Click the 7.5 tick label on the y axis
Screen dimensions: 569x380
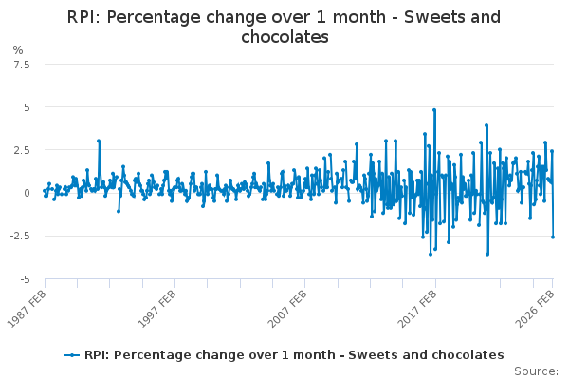pos(22,66)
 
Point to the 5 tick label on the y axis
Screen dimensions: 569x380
pos(27,107)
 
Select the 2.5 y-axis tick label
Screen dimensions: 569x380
pos(22,150)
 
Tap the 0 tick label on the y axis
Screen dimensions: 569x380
pos(27,193)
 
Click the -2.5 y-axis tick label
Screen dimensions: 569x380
pos(20,236)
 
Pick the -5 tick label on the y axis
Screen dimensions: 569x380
pos(25,279)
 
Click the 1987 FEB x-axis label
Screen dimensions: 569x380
pos(27,309)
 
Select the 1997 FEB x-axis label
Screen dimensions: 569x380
pos(157,309)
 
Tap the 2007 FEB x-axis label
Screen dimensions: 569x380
pos(287,309)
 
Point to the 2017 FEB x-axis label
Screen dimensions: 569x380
pos(417,309)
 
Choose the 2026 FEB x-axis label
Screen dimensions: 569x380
pos(535,309)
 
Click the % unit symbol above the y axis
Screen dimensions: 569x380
pos(18,50)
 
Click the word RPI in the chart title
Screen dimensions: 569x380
pos(83,17)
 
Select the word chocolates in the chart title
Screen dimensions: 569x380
pos(284,37)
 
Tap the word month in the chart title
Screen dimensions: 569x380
pos(359,17)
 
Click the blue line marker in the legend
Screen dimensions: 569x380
pos(72,355)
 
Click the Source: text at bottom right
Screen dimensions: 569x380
pos(537,371)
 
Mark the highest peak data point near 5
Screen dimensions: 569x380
pos(434,110)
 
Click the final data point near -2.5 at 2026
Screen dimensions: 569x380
pos(553,237)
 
